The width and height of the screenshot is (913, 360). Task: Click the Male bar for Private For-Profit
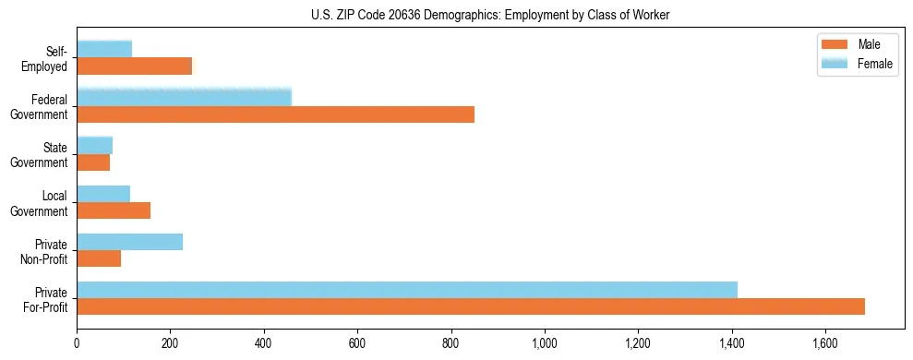click(x=471, y=306)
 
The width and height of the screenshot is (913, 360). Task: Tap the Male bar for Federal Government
click(x=275, y=114)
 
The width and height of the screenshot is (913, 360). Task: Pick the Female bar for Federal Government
click(x=184, y=97)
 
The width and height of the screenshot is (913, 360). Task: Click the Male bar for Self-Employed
click(x=135, y=66)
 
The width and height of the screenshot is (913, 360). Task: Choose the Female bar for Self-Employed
click(x=104, y=49)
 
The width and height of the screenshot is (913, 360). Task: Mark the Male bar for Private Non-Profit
click(x=99, y=258)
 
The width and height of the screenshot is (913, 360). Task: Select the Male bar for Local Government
click(x=114, y=210)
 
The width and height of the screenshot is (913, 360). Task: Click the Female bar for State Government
click(x=94, y=145)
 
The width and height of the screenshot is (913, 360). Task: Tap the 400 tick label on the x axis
click(x=264, y=344)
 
